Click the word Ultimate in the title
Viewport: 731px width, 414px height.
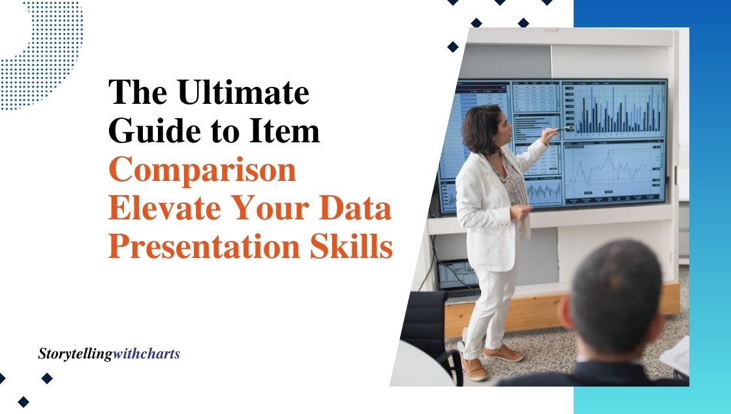click(243, 92)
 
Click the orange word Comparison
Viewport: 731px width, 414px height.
click(202, 170)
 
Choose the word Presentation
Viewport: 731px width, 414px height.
click(204, 247)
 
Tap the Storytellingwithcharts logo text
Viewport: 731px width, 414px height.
click(109, 354)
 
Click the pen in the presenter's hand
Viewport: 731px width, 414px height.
click(564, 129)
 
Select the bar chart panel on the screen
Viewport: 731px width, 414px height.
click(614, 110)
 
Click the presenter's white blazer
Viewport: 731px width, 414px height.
click(490, 205)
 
